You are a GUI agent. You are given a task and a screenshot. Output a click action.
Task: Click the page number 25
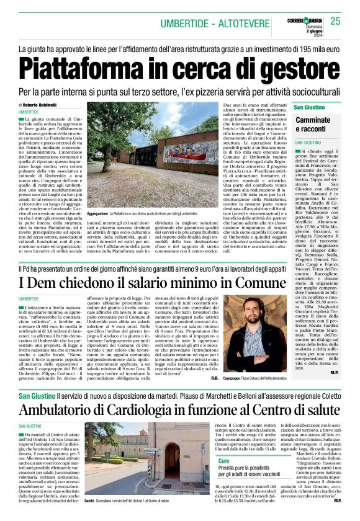click(x=335, y=22)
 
